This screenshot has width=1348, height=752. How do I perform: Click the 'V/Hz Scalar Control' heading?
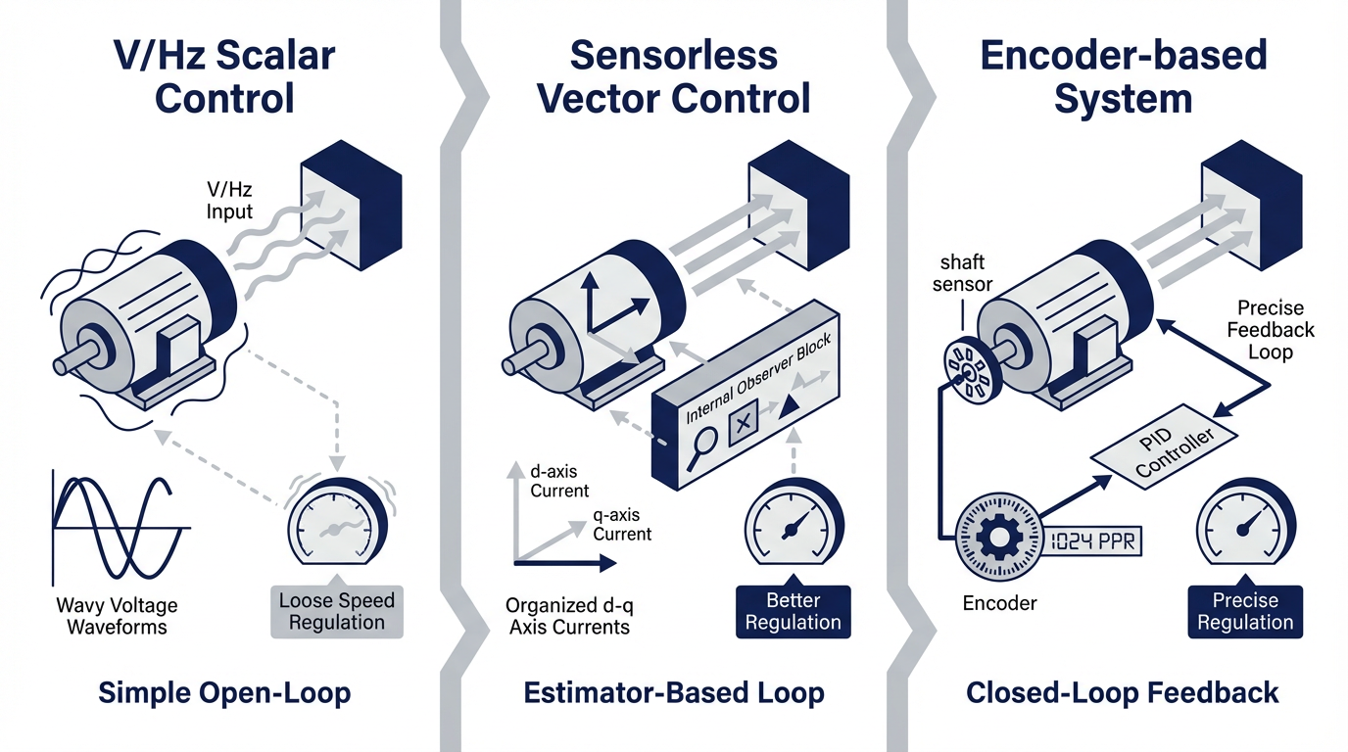click(x=224, y=76)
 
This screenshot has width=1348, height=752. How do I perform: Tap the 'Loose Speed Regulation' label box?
click(x=336, y=612)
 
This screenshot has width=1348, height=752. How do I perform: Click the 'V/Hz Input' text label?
click(x=229, y=201)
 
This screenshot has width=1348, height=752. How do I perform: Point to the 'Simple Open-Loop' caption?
click(x=224, y=693)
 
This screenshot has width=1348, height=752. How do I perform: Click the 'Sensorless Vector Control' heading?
click(x=674, y=76)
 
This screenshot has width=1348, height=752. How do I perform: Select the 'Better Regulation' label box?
click(x=793, y=612)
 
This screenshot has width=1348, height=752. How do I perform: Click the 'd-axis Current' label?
click(x=559, y=481)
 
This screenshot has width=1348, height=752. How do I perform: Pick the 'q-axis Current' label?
click(x=622, y=524)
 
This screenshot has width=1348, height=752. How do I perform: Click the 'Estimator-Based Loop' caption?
click(x=674, y=693)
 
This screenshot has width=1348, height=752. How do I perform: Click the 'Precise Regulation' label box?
click(x=1245, y=612)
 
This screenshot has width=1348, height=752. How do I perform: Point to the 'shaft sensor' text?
click(x=964, y=274)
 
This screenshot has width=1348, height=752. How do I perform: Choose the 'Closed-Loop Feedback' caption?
click(x=1122, y=693)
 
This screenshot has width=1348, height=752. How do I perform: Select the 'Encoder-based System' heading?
click(x=1123, y=76)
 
